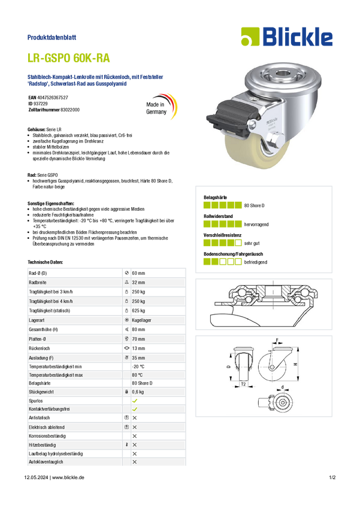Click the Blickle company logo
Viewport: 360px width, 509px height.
tap(287, 37)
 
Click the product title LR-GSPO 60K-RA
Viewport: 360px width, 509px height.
tap(68, 58)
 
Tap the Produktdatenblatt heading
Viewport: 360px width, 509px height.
tap(52, 37)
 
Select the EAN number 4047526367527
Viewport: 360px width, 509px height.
tap(53, 98)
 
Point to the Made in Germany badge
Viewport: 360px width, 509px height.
tap(161, 107)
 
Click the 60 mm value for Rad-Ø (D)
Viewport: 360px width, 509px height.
tap(138, 273)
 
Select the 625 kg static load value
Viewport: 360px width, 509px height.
tap(138, 311)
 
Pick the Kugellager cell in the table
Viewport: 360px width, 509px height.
tap(141, 320)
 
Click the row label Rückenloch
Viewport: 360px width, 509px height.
tap(40, 349)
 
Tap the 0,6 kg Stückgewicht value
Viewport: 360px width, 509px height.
tap(138, 392)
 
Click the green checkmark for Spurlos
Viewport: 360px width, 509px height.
tap(135, 401)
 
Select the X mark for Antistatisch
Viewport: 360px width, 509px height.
tap(135, 418)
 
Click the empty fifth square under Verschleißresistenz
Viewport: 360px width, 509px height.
tap(238, 243)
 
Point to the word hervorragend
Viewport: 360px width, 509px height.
tap(256, 225)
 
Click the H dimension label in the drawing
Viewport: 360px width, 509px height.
tap(295, 364)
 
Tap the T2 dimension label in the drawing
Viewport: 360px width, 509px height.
tap(243, 384)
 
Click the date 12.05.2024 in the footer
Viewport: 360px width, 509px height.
tap(36, 477)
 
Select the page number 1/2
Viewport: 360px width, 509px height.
tap(332, 477)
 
